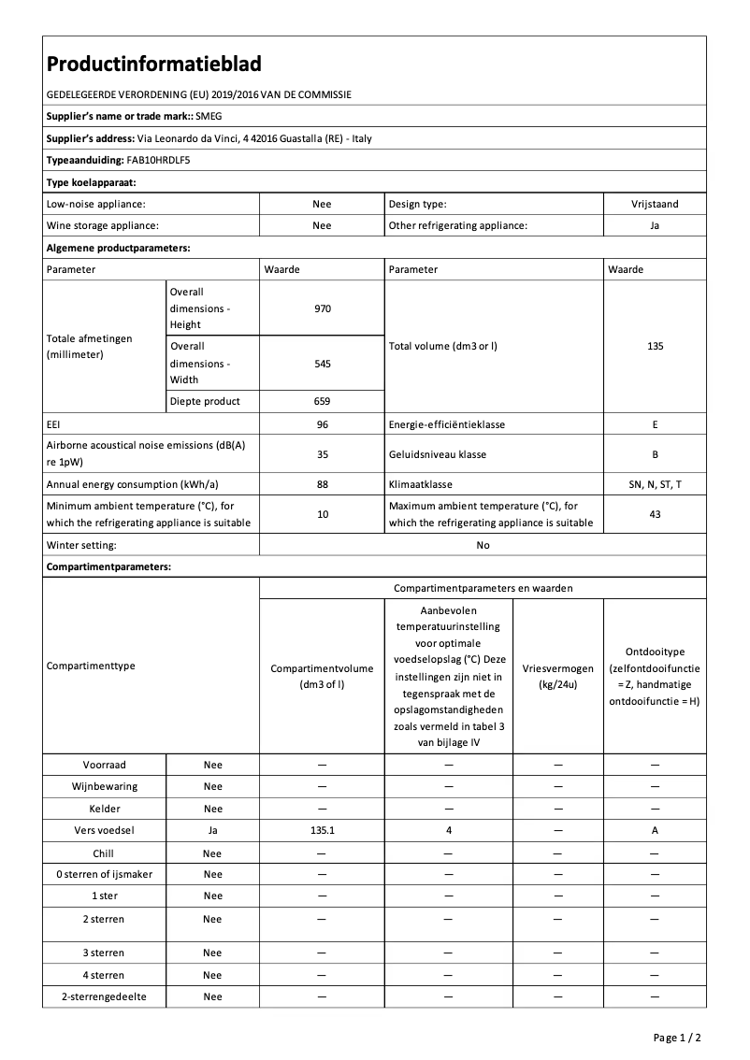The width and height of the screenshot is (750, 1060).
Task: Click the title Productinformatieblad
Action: point(153,64)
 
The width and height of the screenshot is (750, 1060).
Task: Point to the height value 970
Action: point(322,308)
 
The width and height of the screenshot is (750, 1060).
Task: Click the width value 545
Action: point(322,364)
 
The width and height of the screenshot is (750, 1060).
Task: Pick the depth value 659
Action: point(322,401)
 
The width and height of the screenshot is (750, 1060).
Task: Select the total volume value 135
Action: point(655,346)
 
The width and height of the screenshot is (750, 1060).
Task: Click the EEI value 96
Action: point(322,424)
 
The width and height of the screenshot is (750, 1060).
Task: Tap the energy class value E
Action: point(655,424)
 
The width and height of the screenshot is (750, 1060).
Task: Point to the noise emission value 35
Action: point(322,454)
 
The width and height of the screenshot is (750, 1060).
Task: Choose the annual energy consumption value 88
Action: point(322,484)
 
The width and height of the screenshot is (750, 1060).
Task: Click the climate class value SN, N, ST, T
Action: point(655,484)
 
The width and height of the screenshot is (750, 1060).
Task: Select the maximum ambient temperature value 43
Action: point(655,514)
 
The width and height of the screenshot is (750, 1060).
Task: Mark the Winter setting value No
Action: point(483,545)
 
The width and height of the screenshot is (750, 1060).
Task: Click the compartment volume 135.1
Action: point(322,831)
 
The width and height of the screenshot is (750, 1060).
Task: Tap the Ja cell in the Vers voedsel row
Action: point(213,831)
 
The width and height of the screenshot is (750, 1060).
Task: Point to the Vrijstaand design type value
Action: point(655,203)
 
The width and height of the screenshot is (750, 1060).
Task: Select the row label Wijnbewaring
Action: point(104,786)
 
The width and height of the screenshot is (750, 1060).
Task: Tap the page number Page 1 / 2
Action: point(676,1038)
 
